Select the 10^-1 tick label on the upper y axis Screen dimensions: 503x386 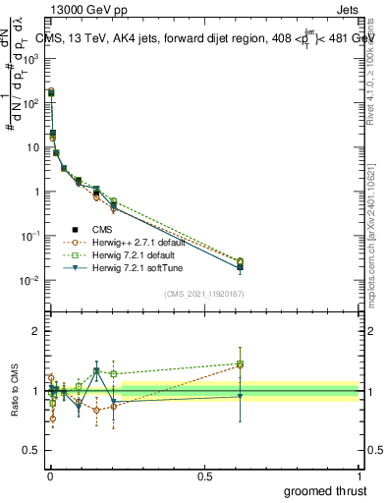tap(30, 237)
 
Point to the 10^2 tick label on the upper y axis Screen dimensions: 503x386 tap(30, 103)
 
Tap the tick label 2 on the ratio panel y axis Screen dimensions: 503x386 tap(35, 331)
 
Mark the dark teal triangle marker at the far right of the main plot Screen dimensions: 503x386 tap(240, 268)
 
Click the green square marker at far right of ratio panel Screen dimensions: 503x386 tap(240, 364)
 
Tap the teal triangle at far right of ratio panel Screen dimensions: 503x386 tap(240, 395)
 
